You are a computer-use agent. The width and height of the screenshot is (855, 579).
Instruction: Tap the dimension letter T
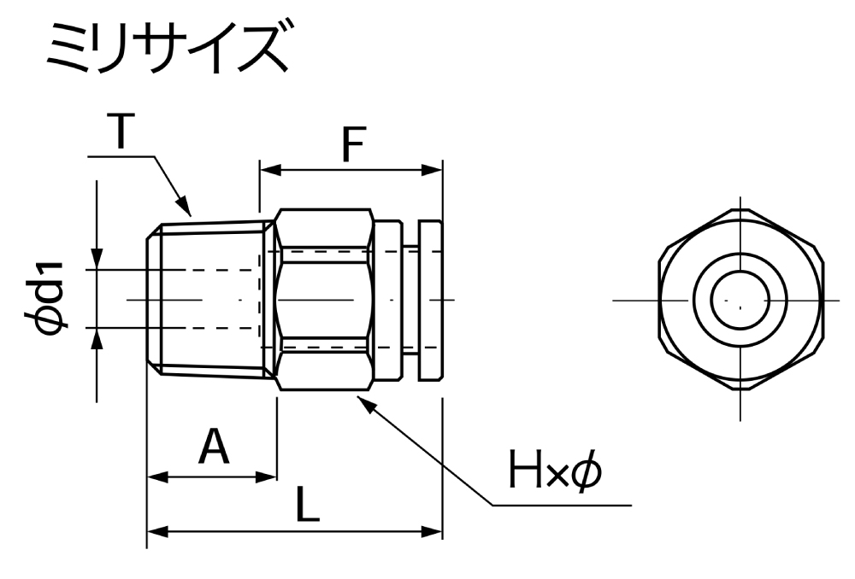(122, 132)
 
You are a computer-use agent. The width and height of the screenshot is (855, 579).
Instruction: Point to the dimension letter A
(213, 447)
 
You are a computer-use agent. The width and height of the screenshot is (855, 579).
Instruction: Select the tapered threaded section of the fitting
(209, 299)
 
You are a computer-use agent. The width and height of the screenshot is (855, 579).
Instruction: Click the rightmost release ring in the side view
(431, 299)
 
